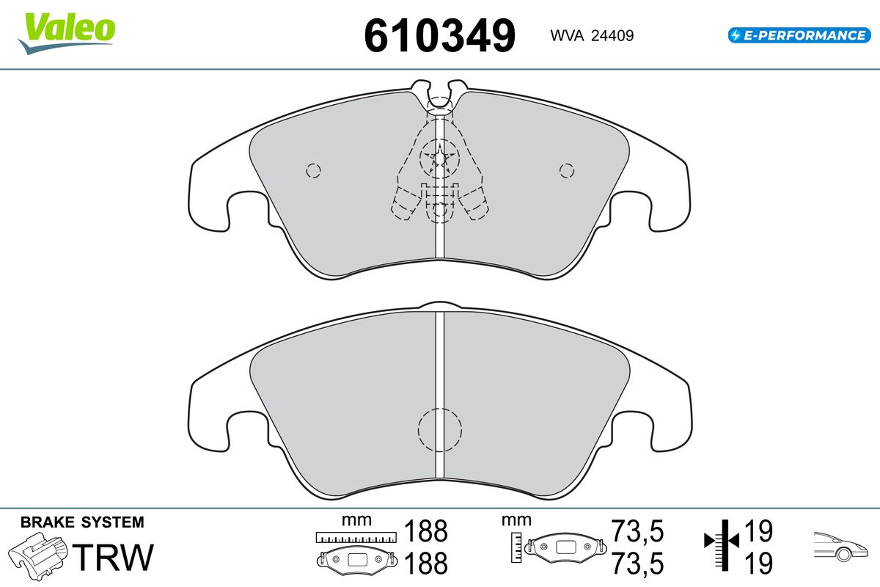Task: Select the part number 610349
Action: (439, 36)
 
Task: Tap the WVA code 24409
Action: (612, 36)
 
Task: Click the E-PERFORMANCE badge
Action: (799, 35)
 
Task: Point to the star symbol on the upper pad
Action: (439, 158)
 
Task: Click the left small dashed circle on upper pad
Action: (313, 171)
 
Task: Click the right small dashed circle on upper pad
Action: (566, 171)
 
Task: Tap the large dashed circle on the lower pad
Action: (439, 430)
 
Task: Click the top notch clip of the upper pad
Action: (439, 95)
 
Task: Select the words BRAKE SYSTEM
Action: (82, 522)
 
